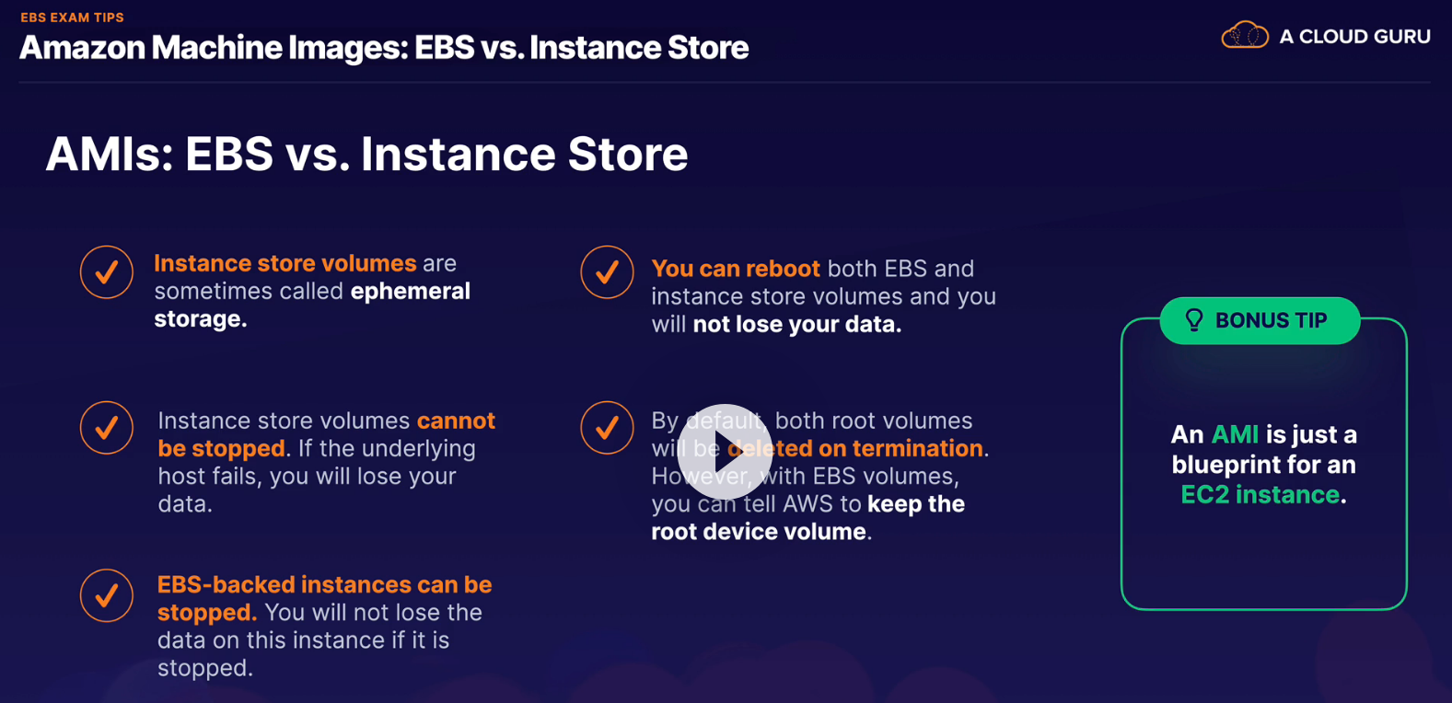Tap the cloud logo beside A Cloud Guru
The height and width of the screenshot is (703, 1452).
pos(1245,35)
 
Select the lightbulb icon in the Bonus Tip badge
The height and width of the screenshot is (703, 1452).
pos(1194,319)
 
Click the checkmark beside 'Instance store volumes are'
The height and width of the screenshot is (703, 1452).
pos(106,272)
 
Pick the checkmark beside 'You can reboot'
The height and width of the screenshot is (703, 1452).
pos(607,272)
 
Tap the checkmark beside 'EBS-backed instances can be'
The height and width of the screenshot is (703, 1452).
pos(106,595)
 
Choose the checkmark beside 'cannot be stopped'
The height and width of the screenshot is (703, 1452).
pos(106,428)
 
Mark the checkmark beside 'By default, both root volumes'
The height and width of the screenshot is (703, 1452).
pos(607,428)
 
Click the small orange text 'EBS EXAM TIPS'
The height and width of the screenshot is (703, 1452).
pos(72,17)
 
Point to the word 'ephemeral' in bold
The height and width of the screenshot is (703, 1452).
pos(411,292)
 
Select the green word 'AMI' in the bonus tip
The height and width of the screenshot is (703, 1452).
pos(1235,434)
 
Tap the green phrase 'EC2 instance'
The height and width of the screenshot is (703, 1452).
pos(1260,494)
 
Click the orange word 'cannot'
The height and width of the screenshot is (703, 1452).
pos(456,421)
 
